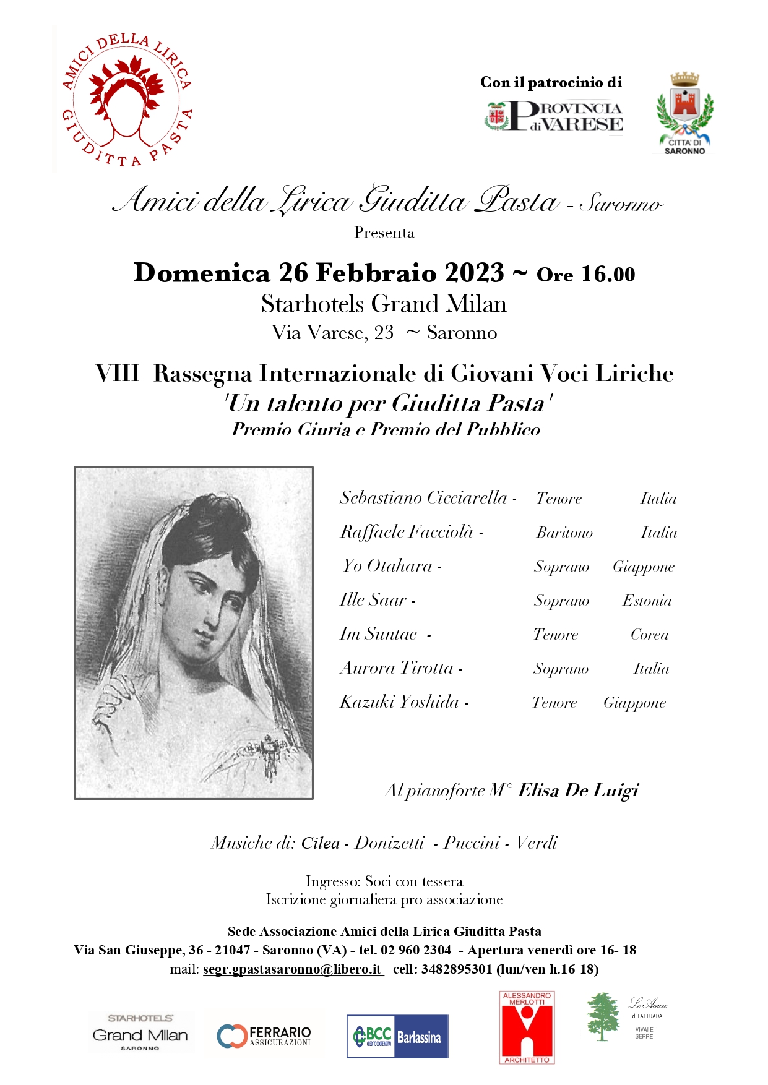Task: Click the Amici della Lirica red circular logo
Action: [x=127, y=100]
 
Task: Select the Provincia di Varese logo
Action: [x=554, y=116]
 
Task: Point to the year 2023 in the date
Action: [x=473, y=273]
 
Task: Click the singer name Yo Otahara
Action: [x=387, y=565]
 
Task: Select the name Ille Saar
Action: [x=373, y=599]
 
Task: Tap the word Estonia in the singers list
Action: [x=647, y=601]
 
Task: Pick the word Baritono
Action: [x=564, y=533]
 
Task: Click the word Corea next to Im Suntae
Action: [x=649, y=635]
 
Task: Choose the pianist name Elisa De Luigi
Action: [x=578, y=791]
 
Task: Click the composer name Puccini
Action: [x=472, y=843]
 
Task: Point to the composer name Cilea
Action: [x=320, y=843]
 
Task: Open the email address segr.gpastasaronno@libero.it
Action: [x=291, y=969]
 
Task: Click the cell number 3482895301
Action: [x=456, y=969]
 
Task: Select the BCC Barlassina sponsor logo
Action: [x=397, y=1036]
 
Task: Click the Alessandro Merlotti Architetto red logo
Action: [x=527, y=1027]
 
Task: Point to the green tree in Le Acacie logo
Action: [x=602, y=1016]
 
